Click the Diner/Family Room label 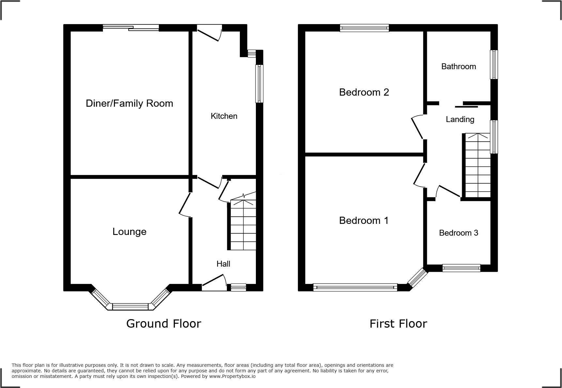click(x=129, y=103)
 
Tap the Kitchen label click(x=224, y=116)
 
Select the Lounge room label click(x=129, y=232)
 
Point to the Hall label click(x=223, y=264)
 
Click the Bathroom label click(x=459, y=67)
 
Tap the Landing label click(x=460, y=119)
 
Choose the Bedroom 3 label click(x=459, y=233)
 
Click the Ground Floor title click(x=164, y=324)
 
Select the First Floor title click(x=398, y=324)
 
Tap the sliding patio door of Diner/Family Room click(x=131, y=28)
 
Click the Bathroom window click(x=494, y=64)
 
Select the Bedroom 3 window click(x=461, y=268)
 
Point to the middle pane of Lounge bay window click(x=130, y=307)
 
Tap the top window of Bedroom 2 click(x=364, y=28)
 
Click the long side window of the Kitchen click(x=259, y=84)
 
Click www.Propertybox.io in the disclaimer click(x=232, y=376)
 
